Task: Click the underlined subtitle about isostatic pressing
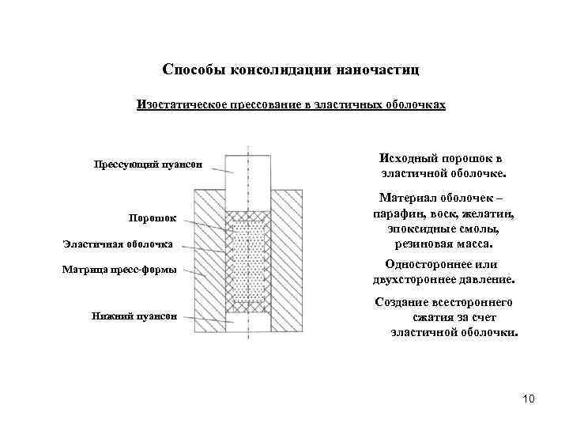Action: (x=292, y=104)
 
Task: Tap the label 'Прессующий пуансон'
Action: (x=149, y=165)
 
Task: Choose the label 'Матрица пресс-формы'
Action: (x=119, y=270)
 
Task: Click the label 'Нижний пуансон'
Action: (x=134, y=316)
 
